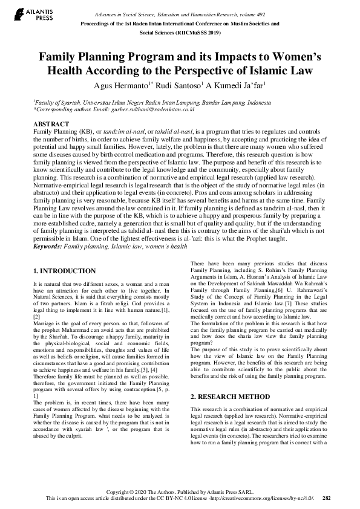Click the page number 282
[x=327, y=498]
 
